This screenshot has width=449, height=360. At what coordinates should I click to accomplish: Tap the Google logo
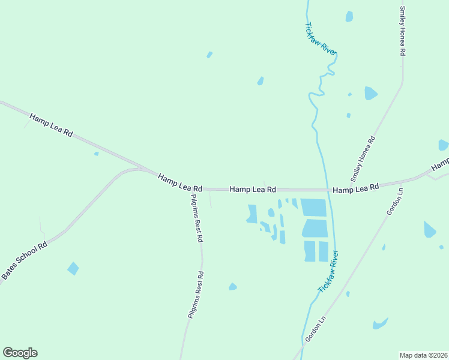[20, 353]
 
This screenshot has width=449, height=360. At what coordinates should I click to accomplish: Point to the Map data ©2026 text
[423, 355]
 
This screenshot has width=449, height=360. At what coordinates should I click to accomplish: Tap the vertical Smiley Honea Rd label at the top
[403, 31]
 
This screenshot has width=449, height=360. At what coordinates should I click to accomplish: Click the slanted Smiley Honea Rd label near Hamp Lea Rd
[363, 159]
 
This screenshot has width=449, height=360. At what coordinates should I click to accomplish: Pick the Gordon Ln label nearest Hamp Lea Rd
[394, 202]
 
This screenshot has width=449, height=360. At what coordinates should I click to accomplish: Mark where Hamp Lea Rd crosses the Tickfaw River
[327, 190]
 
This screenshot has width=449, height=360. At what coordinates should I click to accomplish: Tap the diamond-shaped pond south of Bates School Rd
[73, 268]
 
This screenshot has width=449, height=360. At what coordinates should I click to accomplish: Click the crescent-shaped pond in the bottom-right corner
[379, 325]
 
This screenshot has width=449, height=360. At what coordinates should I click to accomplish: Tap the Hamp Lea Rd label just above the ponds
[253, 189]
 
